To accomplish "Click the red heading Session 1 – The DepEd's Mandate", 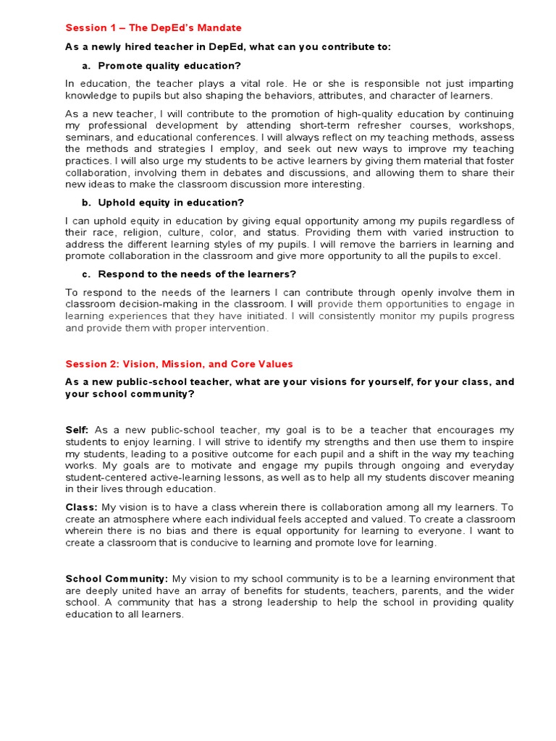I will [x=153, y=28].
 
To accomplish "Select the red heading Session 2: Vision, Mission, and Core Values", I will [x=179, y=364].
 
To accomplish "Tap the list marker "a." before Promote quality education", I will [x=85, y=66].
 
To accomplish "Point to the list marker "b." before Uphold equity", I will [x=85, y=203].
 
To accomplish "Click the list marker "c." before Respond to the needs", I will [x=85, y=274].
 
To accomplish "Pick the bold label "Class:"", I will [x=80, y=508].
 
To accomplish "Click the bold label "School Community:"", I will [x=117, y=579].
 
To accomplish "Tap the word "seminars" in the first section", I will [x=85, y=137].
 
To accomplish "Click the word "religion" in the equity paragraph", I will [x=136, y=232].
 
